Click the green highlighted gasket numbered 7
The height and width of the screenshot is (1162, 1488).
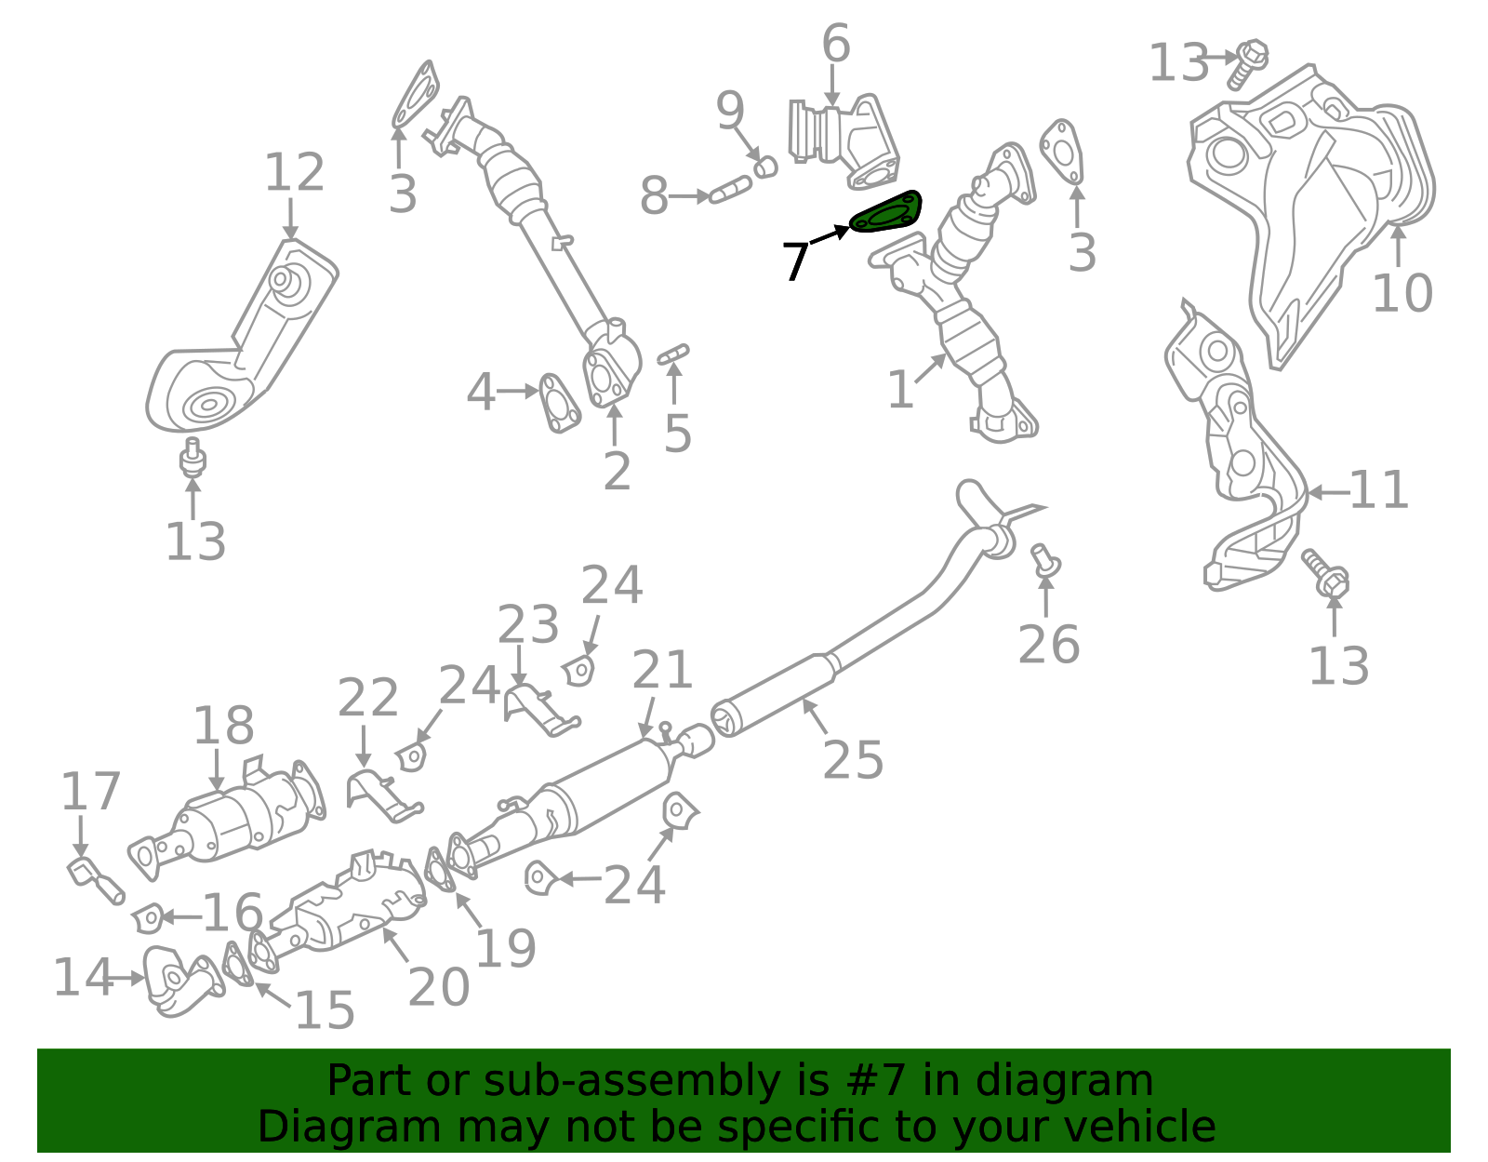(886, 213)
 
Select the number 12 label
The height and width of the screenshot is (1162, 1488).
(294, 173)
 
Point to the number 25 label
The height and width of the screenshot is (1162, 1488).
(853, 760)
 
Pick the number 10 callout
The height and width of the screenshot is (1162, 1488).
(1402, 293)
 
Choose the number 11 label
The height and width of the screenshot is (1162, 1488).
(1378, 490)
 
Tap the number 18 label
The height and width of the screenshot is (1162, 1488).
(223, 726)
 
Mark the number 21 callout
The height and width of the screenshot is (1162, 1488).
(662, 670)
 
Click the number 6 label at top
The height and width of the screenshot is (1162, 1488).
(835, 44)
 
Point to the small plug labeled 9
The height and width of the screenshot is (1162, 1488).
(764, 167)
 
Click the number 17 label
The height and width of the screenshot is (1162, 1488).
(90, 792)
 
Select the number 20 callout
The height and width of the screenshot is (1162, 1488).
(438, 987)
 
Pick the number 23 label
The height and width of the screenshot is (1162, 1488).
(528, 624)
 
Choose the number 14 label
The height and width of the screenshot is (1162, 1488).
(82, 978)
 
